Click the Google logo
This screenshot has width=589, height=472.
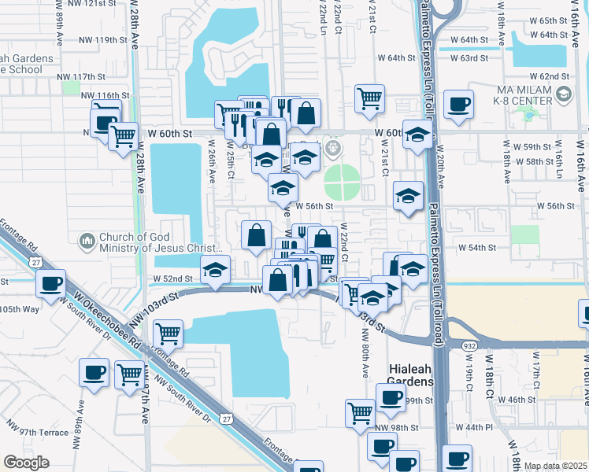click(26, 463)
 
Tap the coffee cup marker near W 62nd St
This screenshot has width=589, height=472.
click(458, 104)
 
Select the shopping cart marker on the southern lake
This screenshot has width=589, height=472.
click(168, 333)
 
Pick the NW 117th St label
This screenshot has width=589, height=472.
click(81, 76)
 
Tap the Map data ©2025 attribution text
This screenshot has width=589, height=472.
click(555, 466)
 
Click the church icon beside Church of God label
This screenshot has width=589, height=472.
click(87, 240)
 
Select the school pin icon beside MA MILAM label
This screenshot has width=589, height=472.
click(563, 94)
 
